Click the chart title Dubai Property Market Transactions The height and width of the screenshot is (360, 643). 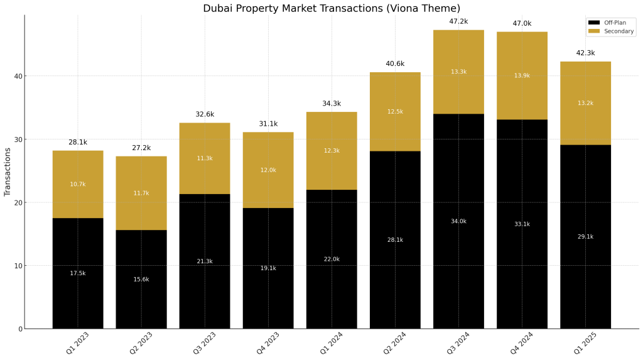331,8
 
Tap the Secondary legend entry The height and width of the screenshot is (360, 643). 619,31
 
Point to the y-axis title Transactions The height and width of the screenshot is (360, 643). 8,172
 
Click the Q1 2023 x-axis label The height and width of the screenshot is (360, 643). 78,344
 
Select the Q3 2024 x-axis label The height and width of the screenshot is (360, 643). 458,344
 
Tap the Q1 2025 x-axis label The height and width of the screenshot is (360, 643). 585,344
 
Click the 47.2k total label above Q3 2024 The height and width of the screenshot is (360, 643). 458,21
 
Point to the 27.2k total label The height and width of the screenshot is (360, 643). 141,148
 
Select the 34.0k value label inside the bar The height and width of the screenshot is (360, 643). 458,221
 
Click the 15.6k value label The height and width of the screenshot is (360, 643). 141,279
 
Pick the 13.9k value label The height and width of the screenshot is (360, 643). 522,75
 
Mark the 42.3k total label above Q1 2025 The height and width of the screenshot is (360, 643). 585,53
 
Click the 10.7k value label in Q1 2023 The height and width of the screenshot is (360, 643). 78,184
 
